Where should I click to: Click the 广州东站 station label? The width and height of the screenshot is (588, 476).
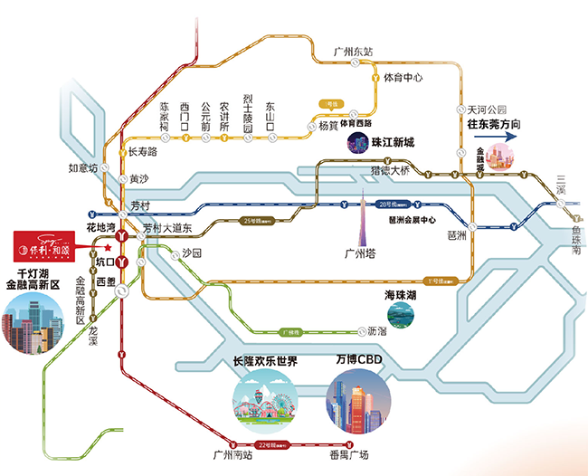pos(353,52)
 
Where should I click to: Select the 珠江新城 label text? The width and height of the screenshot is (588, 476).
pos(393,143)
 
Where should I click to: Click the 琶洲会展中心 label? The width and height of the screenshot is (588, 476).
pos(412,219)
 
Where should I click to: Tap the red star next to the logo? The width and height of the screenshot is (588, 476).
pos(107,245)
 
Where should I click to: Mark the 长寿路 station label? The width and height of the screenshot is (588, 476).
pos(143,151)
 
